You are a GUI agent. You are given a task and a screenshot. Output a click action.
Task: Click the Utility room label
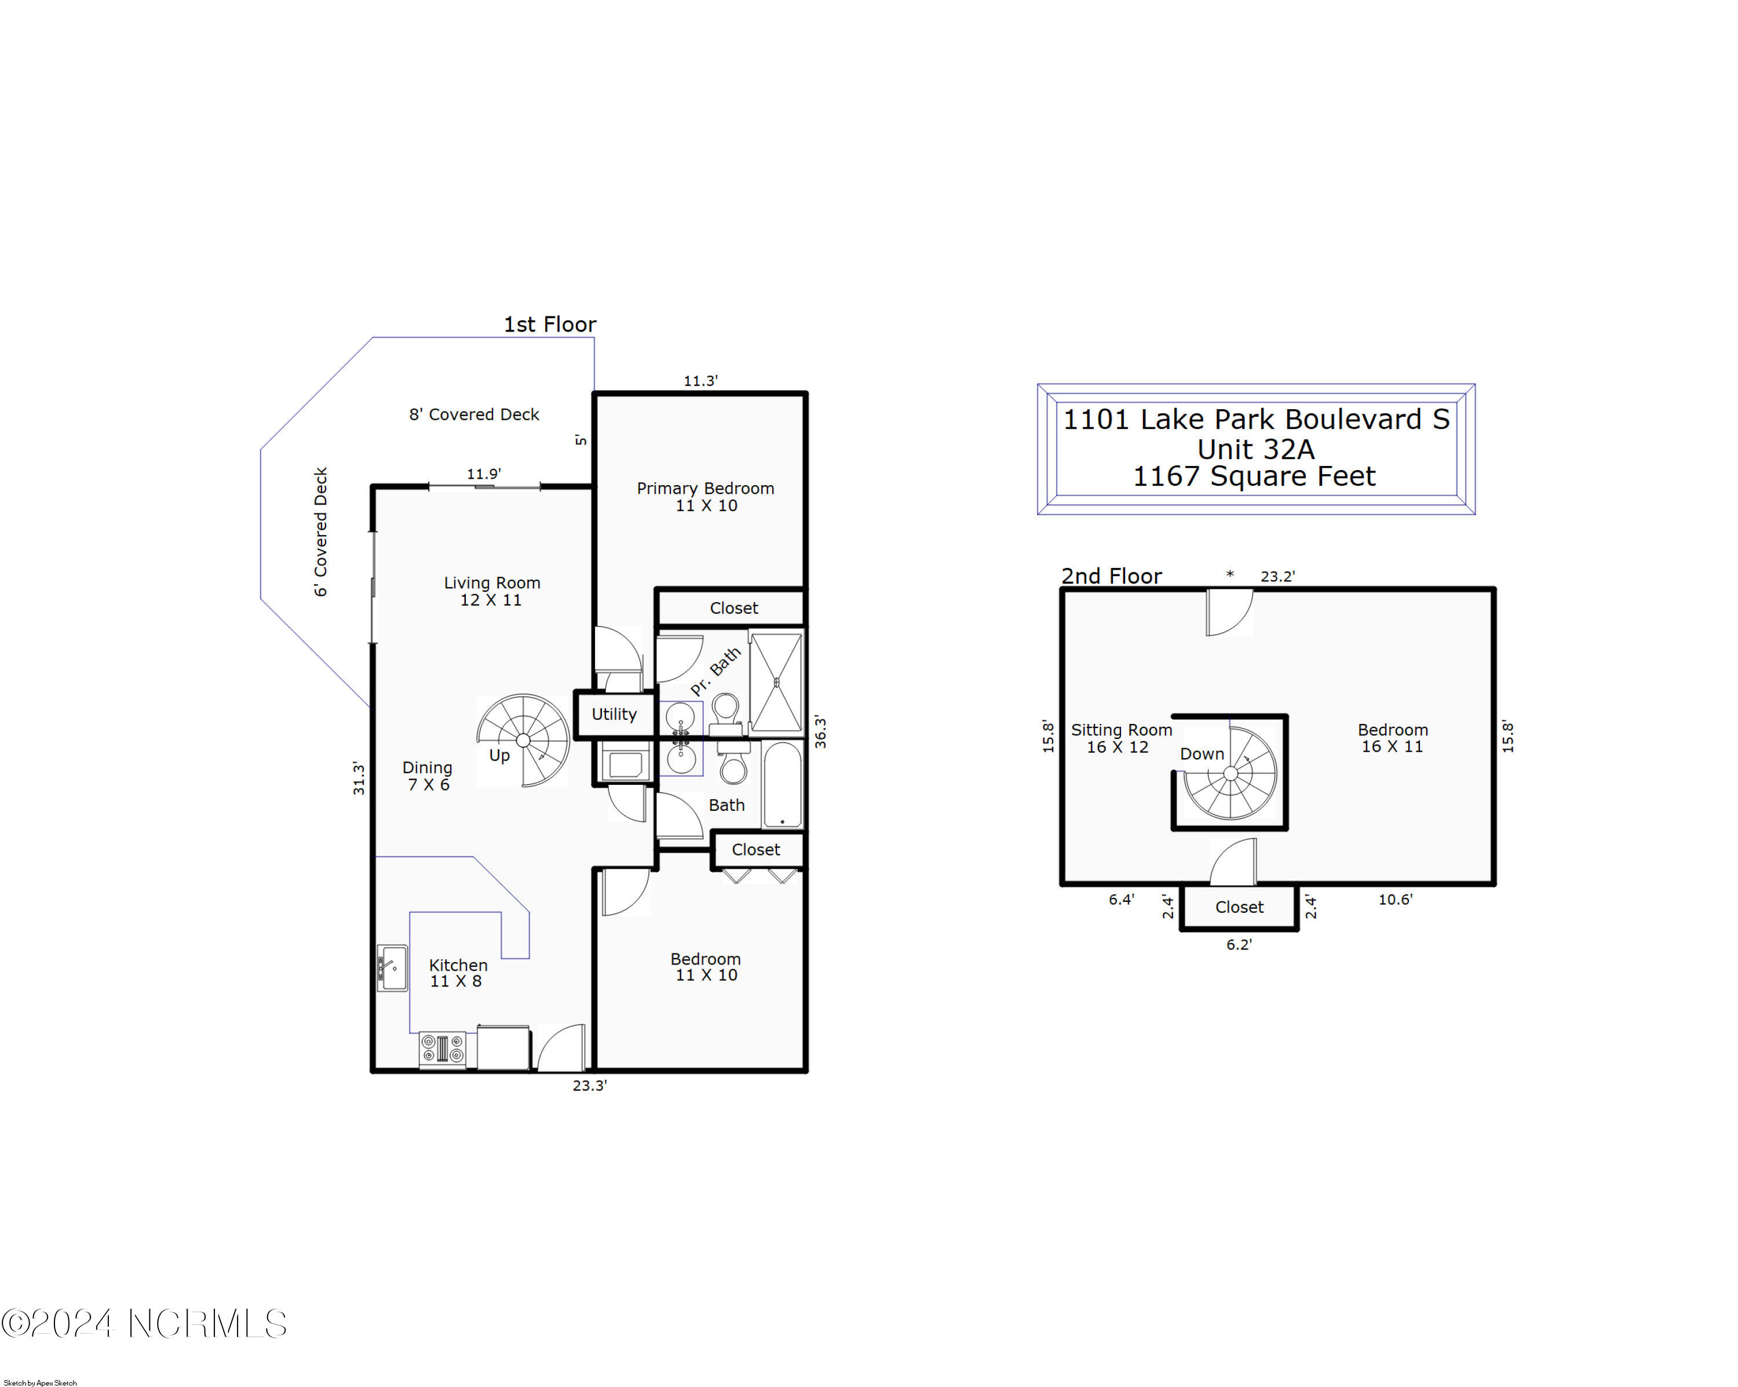point(614,713)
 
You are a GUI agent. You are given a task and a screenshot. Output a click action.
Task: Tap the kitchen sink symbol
point(392,968)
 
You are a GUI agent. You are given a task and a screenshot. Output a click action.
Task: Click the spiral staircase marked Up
point(523,740)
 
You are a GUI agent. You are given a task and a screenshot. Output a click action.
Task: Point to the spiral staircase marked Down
point(1229,773)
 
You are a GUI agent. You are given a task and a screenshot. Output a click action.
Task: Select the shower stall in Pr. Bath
point(776,682)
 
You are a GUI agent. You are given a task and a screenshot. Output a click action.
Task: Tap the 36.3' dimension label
point(820,731)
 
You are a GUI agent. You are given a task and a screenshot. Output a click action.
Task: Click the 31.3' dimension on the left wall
point(359,778)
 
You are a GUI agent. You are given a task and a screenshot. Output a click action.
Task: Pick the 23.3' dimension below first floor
point(589,1086)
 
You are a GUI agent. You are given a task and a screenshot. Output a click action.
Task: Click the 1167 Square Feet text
point(1254,476)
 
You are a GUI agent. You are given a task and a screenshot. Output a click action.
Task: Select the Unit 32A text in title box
point(1255,449)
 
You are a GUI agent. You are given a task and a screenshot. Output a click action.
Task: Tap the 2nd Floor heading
point(1111,576)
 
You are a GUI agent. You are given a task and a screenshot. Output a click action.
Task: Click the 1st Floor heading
point(550,324)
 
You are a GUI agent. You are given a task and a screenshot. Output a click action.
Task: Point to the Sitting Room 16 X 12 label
point(1120,738)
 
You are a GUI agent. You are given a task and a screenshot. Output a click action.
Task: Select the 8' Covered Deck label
point(474,414)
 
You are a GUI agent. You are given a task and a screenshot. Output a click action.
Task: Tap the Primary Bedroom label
point(706,497)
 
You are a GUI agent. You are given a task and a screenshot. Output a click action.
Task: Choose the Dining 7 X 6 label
point(427,776)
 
